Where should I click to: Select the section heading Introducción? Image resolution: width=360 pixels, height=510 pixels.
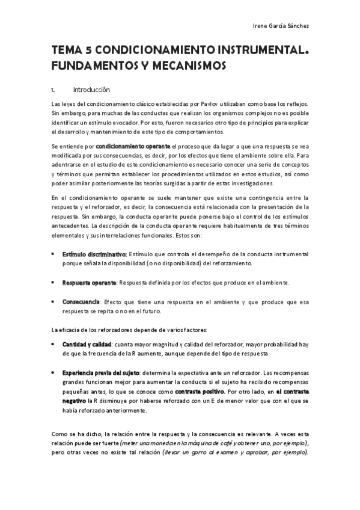tap(91, 90)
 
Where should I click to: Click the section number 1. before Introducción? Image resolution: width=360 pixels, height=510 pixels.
tap(53, 90)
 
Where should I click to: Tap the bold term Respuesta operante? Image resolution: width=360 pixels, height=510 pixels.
tap(90, 282)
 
